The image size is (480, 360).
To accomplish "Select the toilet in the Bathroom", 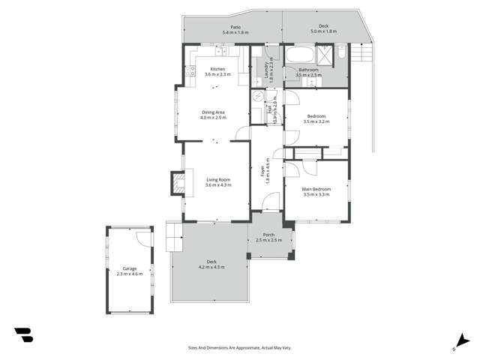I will coord(341,53).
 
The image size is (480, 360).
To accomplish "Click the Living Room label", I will coord(218,179).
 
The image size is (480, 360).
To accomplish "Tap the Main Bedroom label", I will coord(316,189).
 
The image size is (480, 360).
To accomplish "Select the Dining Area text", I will coord(213,112).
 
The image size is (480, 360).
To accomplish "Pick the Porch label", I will coord(268,235).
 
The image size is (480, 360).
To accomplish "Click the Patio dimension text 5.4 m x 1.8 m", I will coord(235,33).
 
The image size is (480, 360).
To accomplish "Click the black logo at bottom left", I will coord(23,335).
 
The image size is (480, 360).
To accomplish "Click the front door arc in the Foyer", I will coord(271,201).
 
